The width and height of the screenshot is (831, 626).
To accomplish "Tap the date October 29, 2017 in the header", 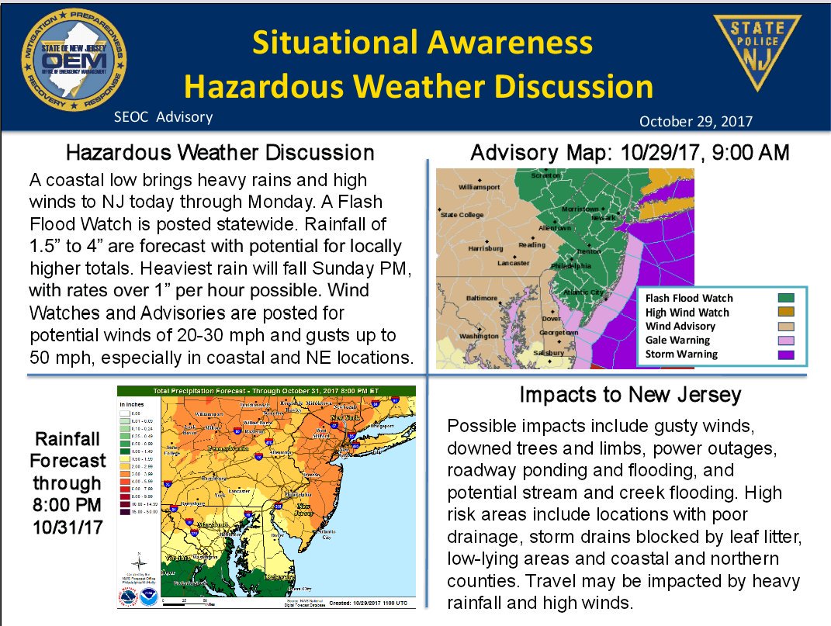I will tap(696, 122).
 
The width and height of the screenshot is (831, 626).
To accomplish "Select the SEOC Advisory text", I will tap(162, 117).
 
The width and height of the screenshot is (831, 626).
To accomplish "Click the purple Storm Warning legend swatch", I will tap(788, 355).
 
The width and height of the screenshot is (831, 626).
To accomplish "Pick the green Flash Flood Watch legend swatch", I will tap(788, 298).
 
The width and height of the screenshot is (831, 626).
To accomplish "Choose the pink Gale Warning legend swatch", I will tap(788, 341).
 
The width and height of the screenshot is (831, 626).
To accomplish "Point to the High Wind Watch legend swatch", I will tap(788, 312).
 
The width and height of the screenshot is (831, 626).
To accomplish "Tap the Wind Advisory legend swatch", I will tap(788, 327).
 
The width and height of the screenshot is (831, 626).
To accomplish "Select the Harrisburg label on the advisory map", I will tap(486, 249).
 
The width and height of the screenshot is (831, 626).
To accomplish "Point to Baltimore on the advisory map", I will tap(482, 298).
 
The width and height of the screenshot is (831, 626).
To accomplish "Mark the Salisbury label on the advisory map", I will tap(549, 353).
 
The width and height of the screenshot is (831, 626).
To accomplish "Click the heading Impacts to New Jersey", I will tap(630, 395).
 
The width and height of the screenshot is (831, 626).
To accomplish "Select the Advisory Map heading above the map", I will tap(630, 153).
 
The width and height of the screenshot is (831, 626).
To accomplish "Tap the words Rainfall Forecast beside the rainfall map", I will tap(68, 448).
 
